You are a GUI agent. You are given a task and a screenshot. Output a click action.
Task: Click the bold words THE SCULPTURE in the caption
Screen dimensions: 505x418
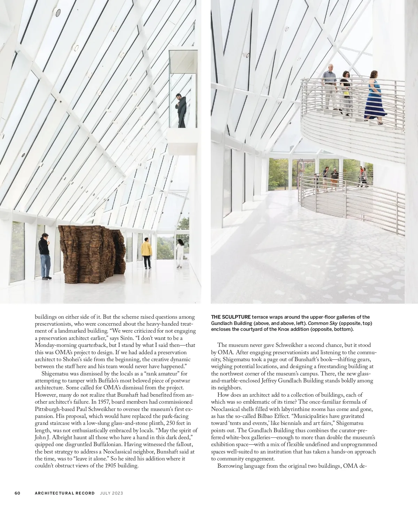[x=231, y=317]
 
